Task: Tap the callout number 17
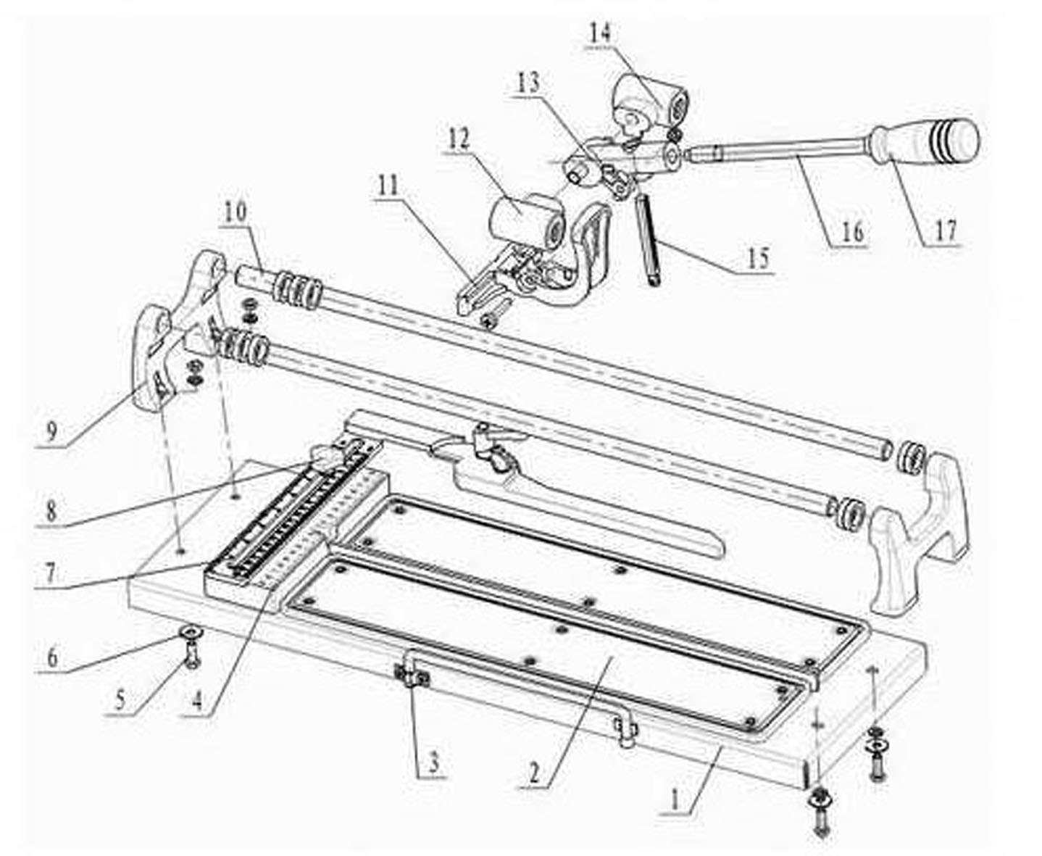coord(945,230)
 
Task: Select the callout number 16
coord(852,232)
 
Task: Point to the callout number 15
coord(759,258)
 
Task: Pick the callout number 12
coord(458,141)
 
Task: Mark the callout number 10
coord(235,213)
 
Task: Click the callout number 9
coord(51,431)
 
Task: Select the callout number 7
coord(51,573)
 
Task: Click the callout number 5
coord(120,700)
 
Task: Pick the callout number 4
coord(198,700)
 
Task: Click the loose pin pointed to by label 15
coord(649,239)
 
